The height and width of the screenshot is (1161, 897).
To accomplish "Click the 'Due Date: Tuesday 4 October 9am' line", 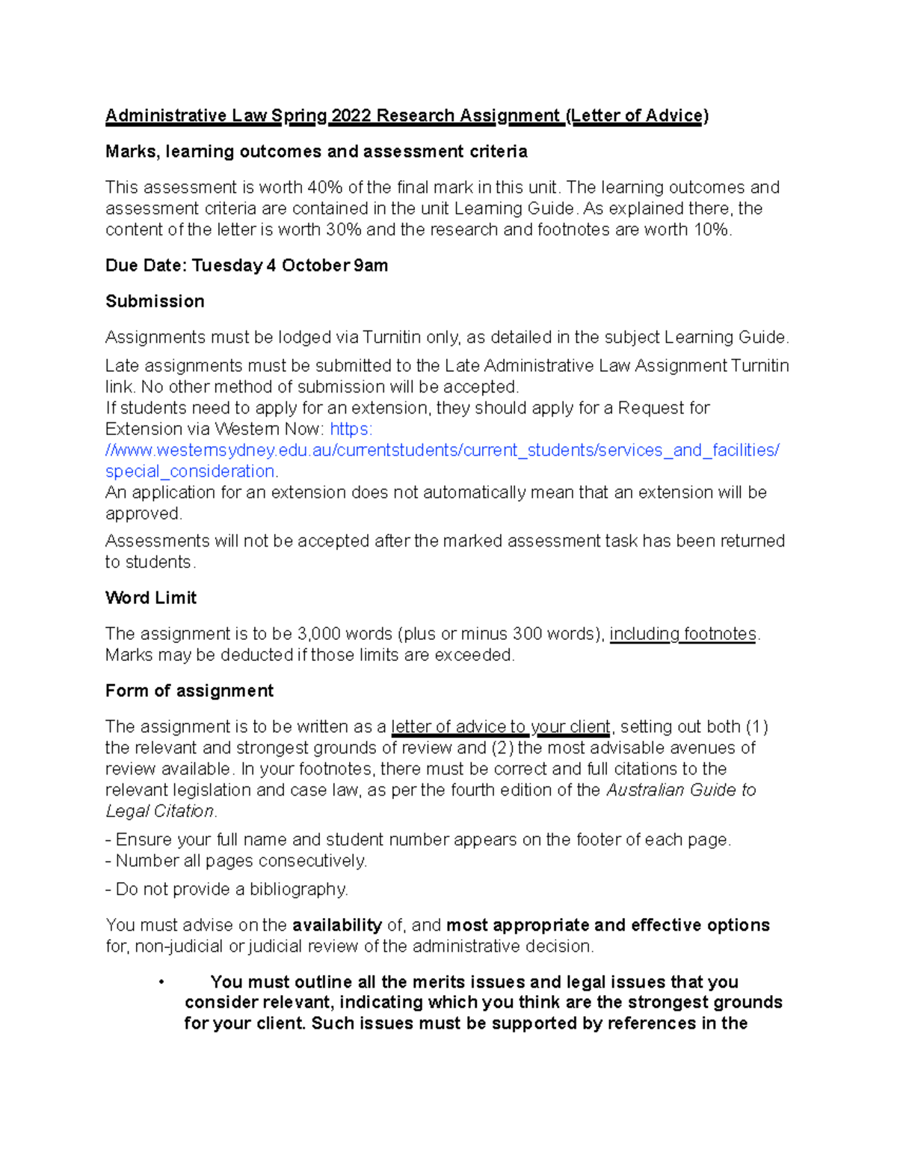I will click(247, 266).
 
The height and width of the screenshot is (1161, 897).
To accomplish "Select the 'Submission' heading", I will click(155, 301).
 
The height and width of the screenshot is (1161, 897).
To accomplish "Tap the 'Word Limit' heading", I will click(151, 598).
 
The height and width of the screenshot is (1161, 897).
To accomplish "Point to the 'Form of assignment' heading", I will click(189, 691).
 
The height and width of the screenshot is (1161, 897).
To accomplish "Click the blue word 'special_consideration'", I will click(191, 472).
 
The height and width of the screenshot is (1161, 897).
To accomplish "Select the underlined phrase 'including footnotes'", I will click(683, 634).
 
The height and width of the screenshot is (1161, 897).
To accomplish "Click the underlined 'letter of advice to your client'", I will click(501, 727).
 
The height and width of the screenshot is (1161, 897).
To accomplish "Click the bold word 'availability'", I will click(337, 926).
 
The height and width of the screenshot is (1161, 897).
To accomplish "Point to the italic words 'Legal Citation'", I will click(160, 811).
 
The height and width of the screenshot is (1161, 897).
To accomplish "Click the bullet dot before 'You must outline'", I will click(161, 982).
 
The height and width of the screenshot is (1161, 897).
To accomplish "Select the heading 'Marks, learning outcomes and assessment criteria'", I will click(316, 152).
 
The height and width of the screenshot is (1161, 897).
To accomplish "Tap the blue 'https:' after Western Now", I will click(351, 429).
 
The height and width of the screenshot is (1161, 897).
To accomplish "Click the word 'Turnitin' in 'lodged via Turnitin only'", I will click(392, 338).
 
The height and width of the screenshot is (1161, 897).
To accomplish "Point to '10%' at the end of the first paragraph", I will click(711, 230).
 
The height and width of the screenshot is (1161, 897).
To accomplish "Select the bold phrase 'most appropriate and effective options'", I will click(608, 926).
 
